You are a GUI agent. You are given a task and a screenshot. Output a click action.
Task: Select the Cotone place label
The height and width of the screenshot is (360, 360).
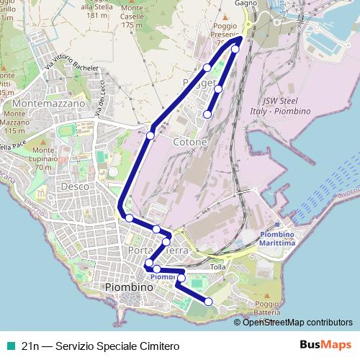190,143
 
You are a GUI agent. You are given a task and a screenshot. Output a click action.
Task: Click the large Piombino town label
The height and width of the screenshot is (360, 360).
130,287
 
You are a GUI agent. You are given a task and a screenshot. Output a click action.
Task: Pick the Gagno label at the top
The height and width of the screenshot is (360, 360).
246,4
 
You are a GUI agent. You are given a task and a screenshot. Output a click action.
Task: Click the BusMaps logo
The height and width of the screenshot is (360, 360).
325,346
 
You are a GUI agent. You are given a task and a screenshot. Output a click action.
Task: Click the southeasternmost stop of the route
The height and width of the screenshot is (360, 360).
209,302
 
